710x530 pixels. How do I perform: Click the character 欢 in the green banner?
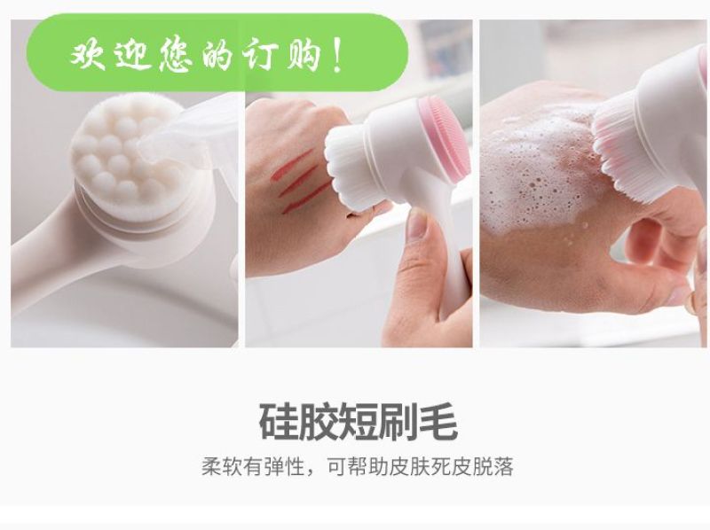tap(88, 55)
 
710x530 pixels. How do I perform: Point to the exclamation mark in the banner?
tap(336, 56)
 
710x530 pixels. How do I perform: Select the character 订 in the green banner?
tap(260, 55)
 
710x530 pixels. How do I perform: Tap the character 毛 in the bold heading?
tap(438, 422)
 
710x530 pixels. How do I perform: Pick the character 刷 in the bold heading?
tap(398, 422)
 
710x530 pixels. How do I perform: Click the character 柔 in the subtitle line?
tap(212, 466)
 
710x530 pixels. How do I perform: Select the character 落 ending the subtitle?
tap(503, 466)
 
